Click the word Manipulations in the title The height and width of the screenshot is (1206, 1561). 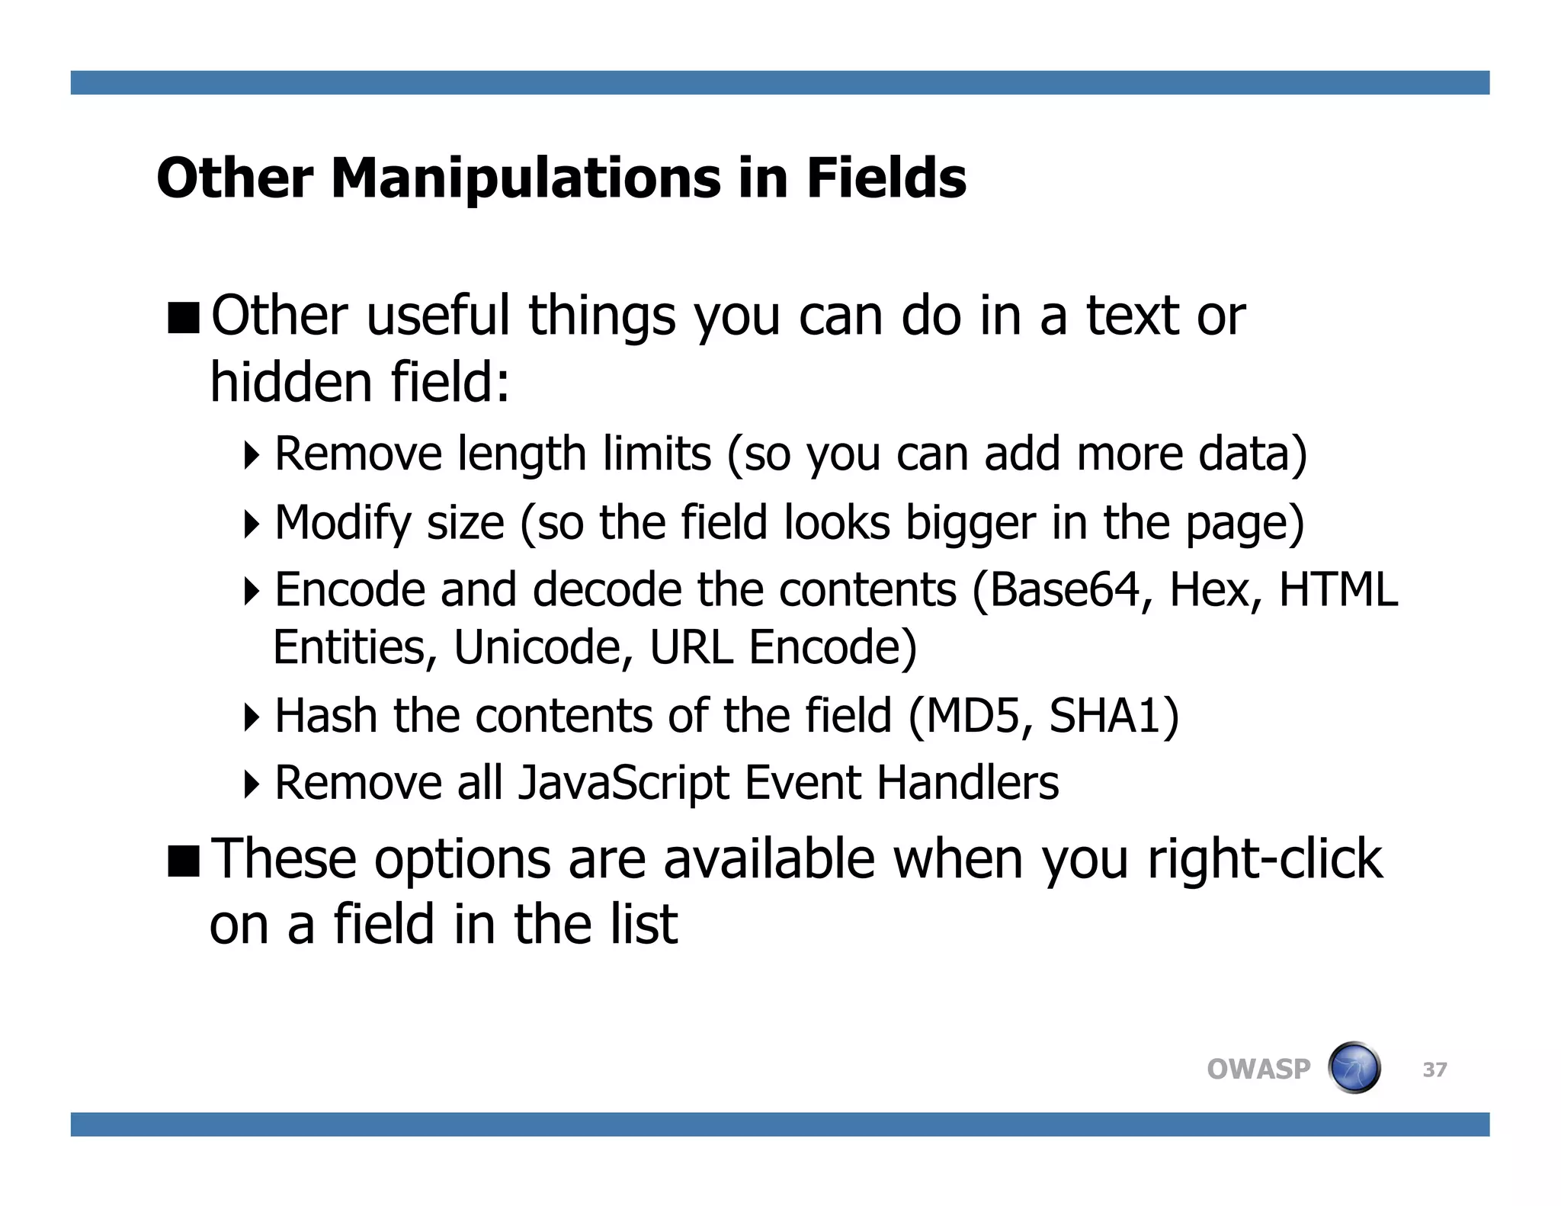pos(526,179)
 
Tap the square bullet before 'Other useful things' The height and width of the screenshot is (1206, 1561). pos(183,318)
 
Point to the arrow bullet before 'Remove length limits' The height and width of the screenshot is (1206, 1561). pos(252,455)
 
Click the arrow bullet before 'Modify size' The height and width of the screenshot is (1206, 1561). pos(252,524)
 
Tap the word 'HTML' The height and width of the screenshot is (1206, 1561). pos(1338,590)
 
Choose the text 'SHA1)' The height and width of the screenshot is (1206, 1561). pos(1114,717)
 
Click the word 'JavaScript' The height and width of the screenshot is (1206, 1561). pos(623,784)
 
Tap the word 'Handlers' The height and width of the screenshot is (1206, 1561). pos(967,784)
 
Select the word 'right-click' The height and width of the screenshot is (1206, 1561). pos(1265,859)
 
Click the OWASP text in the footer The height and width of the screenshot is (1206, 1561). pos(1258,1070)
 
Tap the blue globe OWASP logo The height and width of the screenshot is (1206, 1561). pos(1354,1068)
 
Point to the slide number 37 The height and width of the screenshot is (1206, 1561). pos(1434,1070)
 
